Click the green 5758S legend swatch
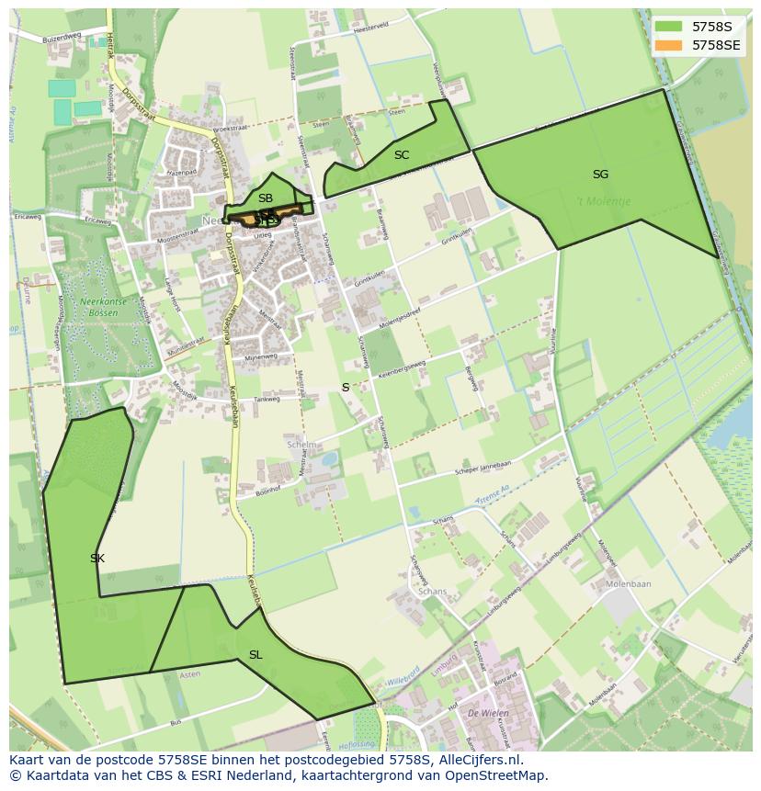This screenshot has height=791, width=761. pyautogui.click(x=668, y=27)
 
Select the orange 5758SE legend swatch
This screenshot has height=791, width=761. pyautogui.click(x=668, y=44)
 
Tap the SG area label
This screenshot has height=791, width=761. pyautogui.click(x=600, y=175)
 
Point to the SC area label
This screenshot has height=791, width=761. pyautogui.click(x=402, y=155)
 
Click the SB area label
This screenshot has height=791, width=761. pyautogui.click(x=266, y=198)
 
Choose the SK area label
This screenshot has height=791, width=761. pyautogui.click(x=97, y=559)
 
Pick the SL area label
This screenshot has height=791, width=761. pyautogui.click(x=256, y=655)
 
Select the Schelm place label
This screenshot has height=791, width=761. pyautogui.click(x=301, y=445)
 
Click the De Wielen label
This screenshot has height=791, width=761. pyautogui.click(x=483, y=712)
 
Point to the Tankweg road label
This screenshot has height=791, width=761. pyautogui.click(x=267, y=400)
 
